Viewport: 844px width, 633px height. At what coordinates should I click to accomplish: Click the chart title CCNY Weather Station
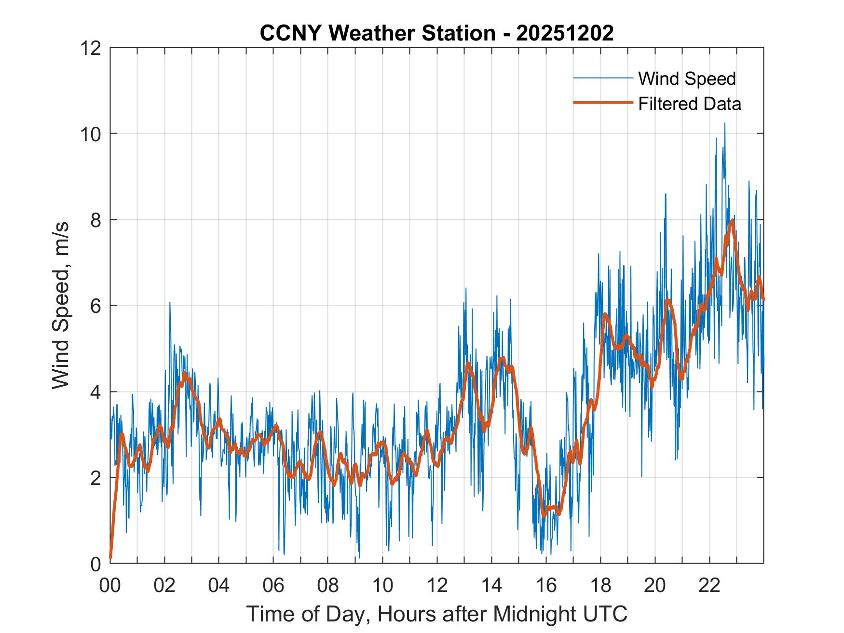377,33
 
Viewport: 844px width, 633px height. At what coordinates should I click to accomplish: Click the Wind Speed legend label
687,79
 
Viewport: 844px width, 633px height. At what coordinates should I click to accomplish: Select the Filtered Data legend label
689,104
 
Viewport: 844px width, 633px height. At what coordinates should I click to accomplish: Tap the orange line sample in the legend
603,103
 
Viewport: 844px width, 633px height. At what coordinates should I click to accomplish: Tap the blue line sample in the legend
603,78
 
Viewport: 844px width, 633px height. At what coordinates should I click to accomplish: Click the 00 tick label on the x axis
110,585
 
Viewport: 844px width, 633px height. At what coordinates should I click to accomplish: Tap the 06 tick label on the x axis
273,585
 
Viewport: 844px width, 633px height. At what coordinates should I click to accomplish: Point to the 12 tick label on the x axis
437,585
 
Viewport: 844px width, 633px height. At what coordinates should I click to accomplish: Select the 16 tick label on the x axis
546,585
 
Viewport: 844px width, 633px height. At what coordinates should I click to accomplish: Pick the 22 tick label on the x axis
709,585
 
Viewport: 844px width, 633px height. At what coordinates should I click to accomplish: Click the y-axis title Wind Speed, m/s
61,305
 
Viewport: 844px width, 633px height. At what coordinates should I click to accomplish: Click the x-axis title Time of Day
437,614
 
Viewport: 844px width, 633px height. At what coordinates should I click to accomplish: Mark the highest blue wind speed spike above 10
724,123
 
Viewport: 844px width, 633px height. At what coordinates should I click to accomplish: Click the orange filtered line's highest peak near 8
732,220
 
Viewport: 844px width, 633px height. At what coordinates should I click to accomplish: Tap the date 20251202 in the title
565,33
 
